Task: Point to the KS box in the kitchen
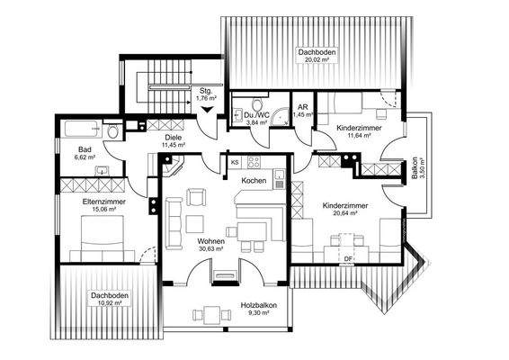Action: tap(235, 163)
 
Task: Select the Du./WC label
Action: tap(255, 114)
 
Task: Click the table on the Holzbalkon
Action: tap(213, 314)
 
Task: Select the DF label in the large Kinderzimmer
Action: tap(349, 260)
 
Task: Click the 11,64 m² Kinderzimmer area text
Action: tap(358, 137)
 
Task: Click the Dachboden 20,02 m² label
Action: tap(317, 58)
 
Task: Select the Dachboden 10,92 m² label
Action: tap(104, 300)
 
